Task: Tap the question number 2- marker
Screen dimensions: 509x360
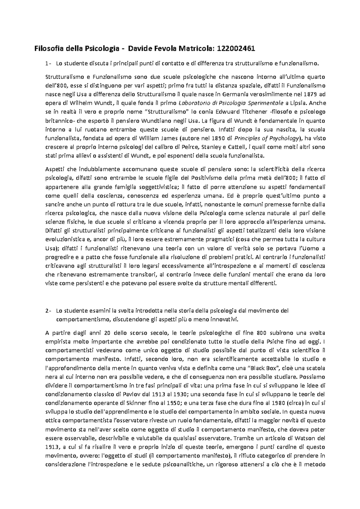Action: (48, 310)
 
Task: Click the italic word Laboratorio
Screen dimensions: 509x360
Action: (193, 103)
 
